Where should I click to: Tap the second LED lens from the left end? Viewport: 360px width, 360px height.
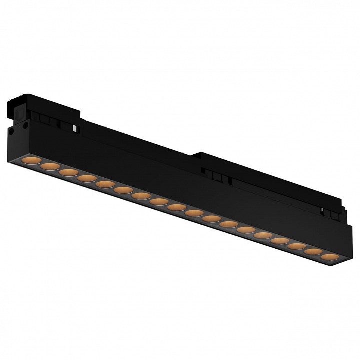[x=49, y=166]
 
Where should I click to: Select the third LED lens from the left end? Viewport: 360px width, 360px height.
[x=69, y=172]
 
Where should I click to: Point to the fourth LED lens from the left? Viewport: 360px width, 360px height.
[x=87, y=178]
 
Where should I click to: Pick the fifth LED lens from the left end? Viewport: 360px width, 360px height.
[x=106, y=184]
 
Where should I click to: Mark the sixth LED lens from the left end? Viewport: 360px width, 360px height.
[x=123, y=190]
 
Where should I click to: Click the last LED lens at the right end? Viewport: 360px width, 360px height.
[x=327, y=257]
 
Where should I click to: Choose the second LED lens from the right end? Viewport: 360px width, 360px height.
[x=312, y=252]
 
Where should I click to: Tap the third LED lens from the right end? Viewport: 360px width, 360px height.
[x=296, y=246]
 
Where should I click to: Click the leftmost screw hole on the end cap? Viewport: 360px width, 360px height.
[x=10, y=132]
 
